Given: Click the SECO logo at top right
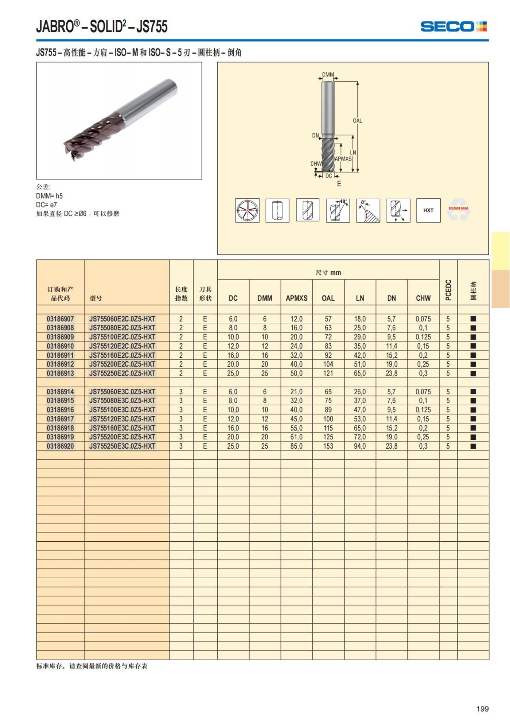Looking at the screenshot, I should [x=453, y=26].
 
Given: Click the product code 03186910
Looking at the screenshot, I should [x=60, y=346].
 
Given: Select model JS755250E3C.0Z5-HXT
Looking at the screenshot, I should [x=122, y=446].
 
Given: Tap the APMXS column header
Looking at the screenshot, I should [x=296, y=298].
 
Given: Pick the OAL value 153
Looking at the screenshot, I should [x=328, y=446].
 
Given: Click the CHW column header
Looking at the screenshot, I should [x=423, y=298].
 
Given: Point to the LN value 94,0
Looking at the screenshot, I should [x=360, y=446].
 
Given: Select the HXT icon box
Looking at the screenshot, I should [x=428, y=210].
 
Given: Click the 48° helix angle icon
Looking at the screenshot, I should [x=338, y=210].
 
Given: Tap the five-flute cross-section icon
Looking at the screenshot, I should [x=247, y=210].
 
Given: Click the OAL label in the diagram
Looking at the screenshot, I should [x=357, y=121].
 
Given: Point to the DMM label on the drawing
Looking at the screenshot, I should [x=328, y=75].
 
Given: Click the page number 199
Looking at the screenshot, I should [x=482, y=709].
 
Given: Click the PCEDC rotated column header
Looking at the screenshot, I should [x=448, y=290].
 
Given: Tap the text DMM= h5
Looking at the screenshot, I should [x=49, y=196].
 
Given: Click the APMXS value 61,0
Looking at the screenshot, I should [x=296, y=437].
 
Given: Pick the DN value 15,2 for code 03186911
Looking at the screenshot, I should [x=391, y=355].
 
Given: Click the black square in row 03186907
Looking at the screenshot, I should [x=473, y=319].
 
